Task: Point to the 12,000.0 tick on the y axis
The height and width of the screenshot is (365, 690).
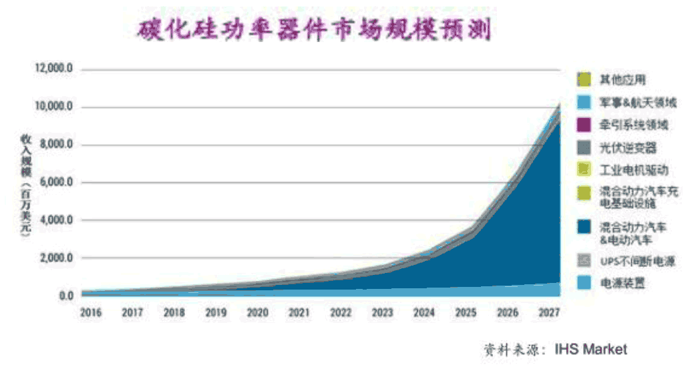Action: pyautogui.click(x=57, y=69)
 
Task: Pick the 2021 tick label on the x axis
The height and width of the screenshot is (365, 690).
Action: pyautogui.click(x=299, y=312)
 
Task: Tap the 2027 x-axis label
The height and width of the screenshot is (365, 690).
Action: pyautogui.click(x=549, y=312)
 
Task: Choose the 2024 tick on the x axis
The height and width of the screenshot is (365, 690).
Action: pyautogui.click(x=424, y=312)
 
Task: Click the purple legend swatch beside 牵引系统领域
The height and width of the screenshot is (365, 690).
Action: pyautogui.click(x=583, y=125)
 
